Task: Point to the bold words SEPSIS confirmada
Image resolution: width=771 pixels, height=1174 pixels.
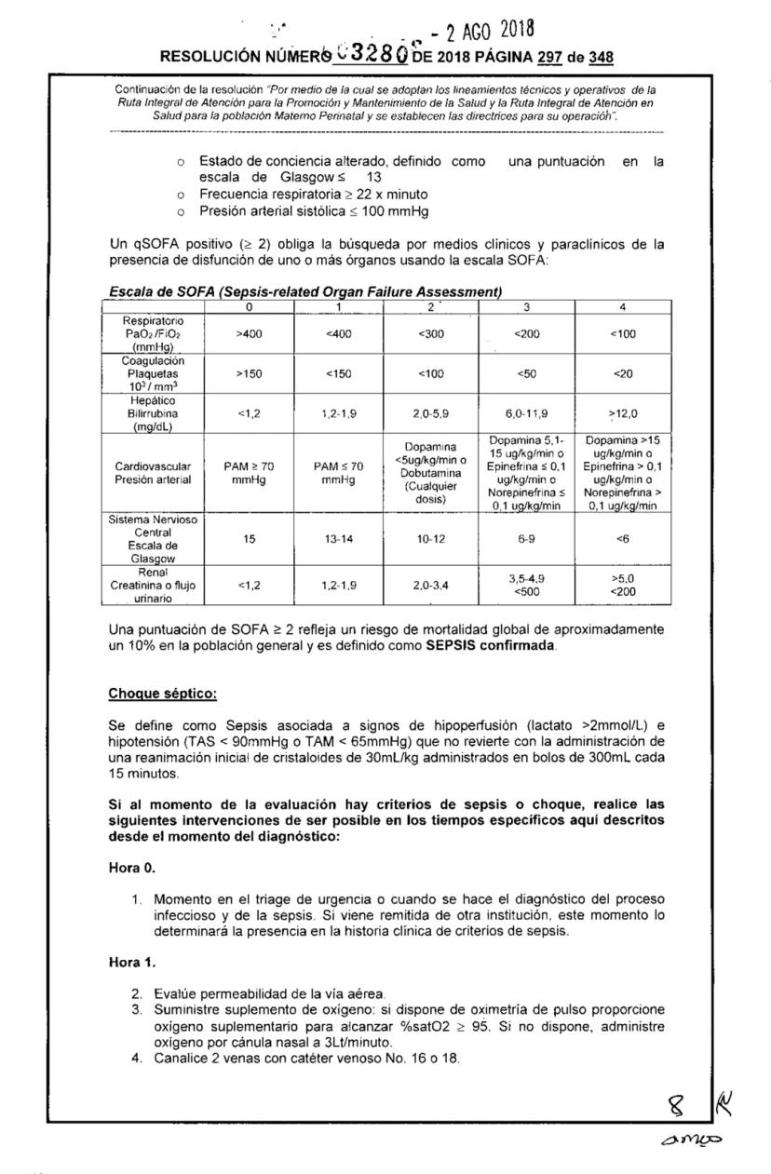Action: (x=484, y=645)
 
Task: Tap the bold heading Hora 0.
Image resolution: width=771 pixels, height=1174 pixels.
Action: (x=132, y=867)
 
